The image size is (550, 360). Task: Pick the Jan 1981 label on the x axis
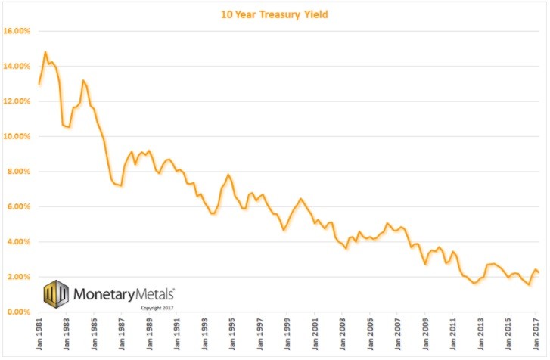pos(38,334)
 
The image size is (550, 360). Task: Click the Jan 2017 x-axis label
pos(536,334)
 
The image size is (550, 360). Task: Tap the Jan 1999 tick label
pos(287,334)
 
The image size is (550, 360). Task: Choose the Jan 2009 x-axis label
pos(425,334)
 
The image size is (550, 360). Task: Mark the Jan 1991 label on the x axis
pos(176,334)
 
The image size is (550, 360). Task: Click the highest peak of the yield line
pos(45,52)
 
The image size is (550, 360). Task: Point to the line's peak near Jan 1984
pos(83,80)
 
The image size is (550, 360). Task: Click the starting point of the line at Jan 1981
pos(39,84)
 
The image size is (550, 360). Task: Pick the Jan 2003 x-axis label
pos(342,334)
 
